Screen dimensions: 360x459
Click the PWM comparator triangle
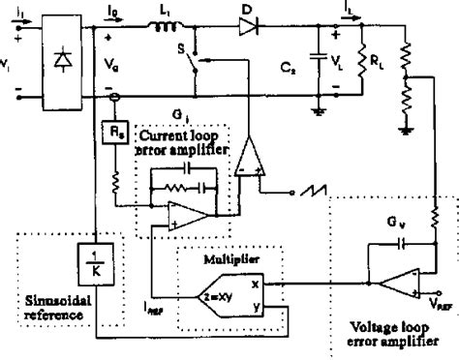(249, 154)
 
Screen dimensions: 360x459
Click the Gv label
(389, 233)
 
